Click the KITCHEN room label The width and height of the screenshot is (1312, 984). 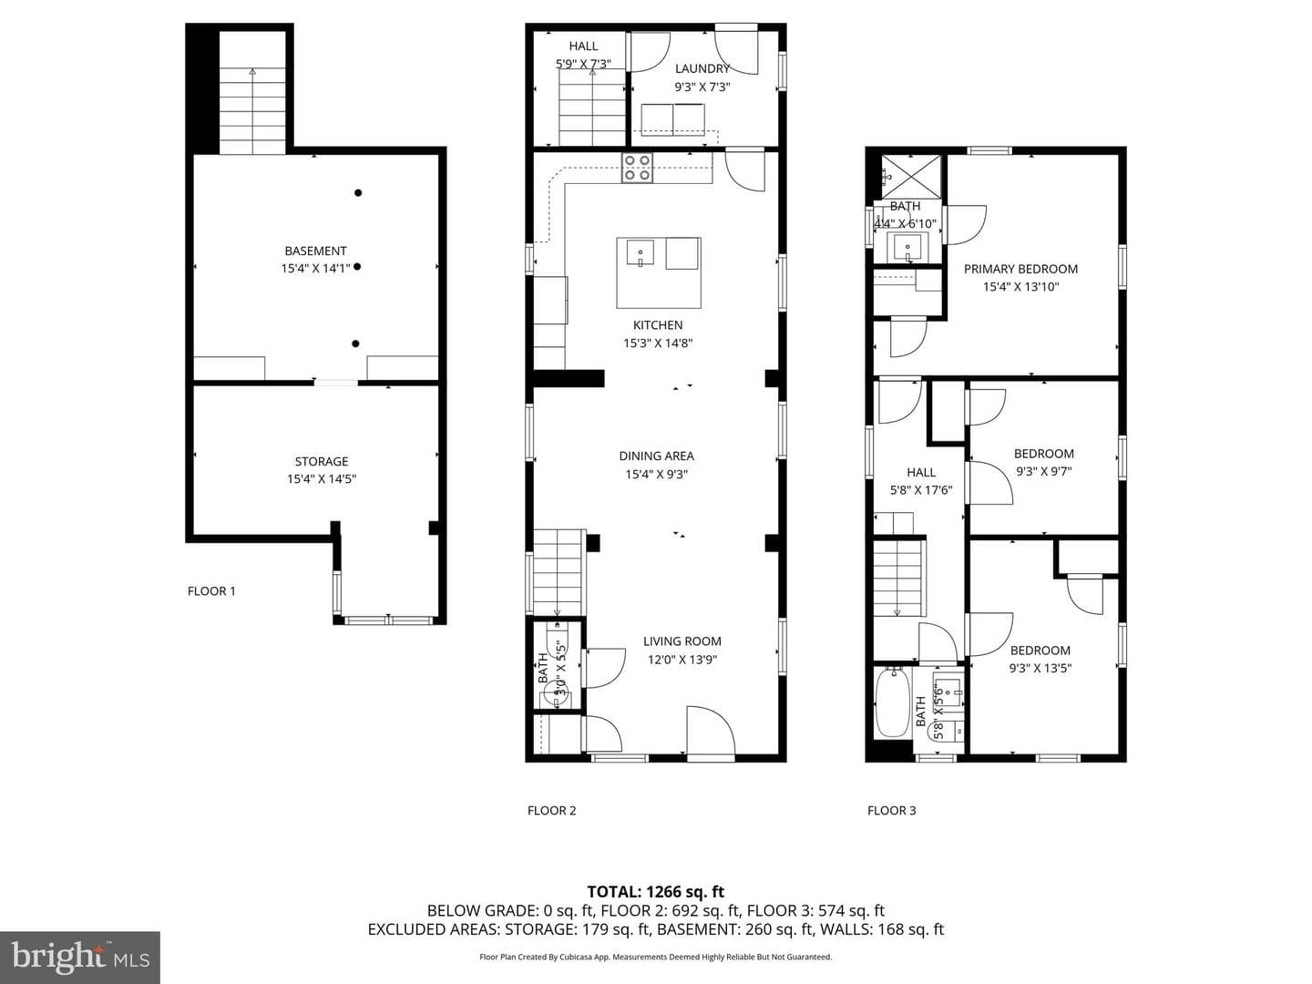658,325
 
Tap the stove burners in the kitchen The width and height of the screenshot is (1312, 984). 637,168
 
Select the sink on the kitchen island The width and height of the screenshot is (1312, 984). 641,252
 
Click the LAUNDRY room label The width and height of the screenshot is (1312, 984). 702,68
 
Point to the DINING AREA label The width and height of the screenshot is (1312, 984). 656,456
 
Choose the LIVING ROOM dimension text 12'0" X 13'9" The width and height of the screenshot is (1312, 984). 682,660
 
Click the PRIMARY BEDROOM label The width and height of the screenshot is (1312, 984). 1020,269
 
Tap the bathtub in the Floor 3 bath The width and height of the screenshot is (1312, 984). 892,703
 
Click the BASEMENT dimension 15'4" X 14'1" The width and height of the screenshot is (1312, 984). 315,269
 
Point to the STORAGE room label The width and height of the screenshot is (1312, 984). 321,461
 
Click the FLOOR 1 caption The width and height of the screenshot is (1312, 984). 211,591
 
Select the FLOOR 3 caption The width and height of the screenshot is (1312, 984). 891,810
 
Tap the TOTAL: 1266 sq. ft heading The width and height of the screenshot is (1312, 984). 656,892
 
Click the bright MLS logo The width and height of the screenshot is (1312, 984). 80,957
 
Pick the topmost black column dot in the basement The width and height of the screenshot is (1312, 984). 358,193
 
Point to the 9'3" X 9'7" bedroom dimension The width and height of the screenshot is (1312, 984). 1043,471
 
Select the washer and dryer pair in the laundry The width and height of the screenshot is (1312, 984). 673,119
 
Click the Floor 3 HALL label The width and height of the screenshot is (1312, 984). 921,472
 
